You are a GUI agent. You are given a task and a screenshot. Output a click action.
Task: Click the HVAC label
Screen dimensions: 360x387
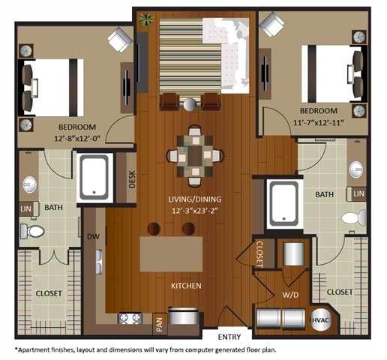tap(320, 319)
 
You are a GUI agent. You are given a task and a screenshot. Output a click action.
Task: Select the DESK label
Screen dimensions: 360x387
tap(132, 178)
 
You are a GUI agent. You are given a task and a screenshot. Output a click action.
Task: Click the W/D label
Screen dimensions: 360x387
tap(290, 295)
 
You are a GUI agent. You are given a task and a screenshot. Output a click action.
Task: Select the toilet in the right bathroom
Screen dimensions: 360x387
tap(352, 218)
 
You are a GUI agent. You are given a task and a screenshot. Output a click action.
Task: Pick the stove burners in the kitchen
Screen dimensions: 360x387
tap(130, 319)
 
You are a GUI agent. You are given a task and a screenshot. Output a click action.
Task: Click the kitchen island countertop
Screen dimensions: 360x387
tap(171, 253)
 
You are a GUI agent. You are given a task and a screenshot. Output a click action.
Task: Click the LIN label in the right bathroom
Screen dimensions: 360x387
tap(358, 193)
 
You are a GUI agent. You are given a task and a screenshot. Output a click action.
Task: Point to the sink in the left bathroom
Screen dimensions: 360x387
tap(30, 184)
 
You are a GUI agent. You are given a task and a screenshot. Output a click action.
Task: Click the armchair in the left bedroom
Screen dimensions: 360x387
tap(120, 39)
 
